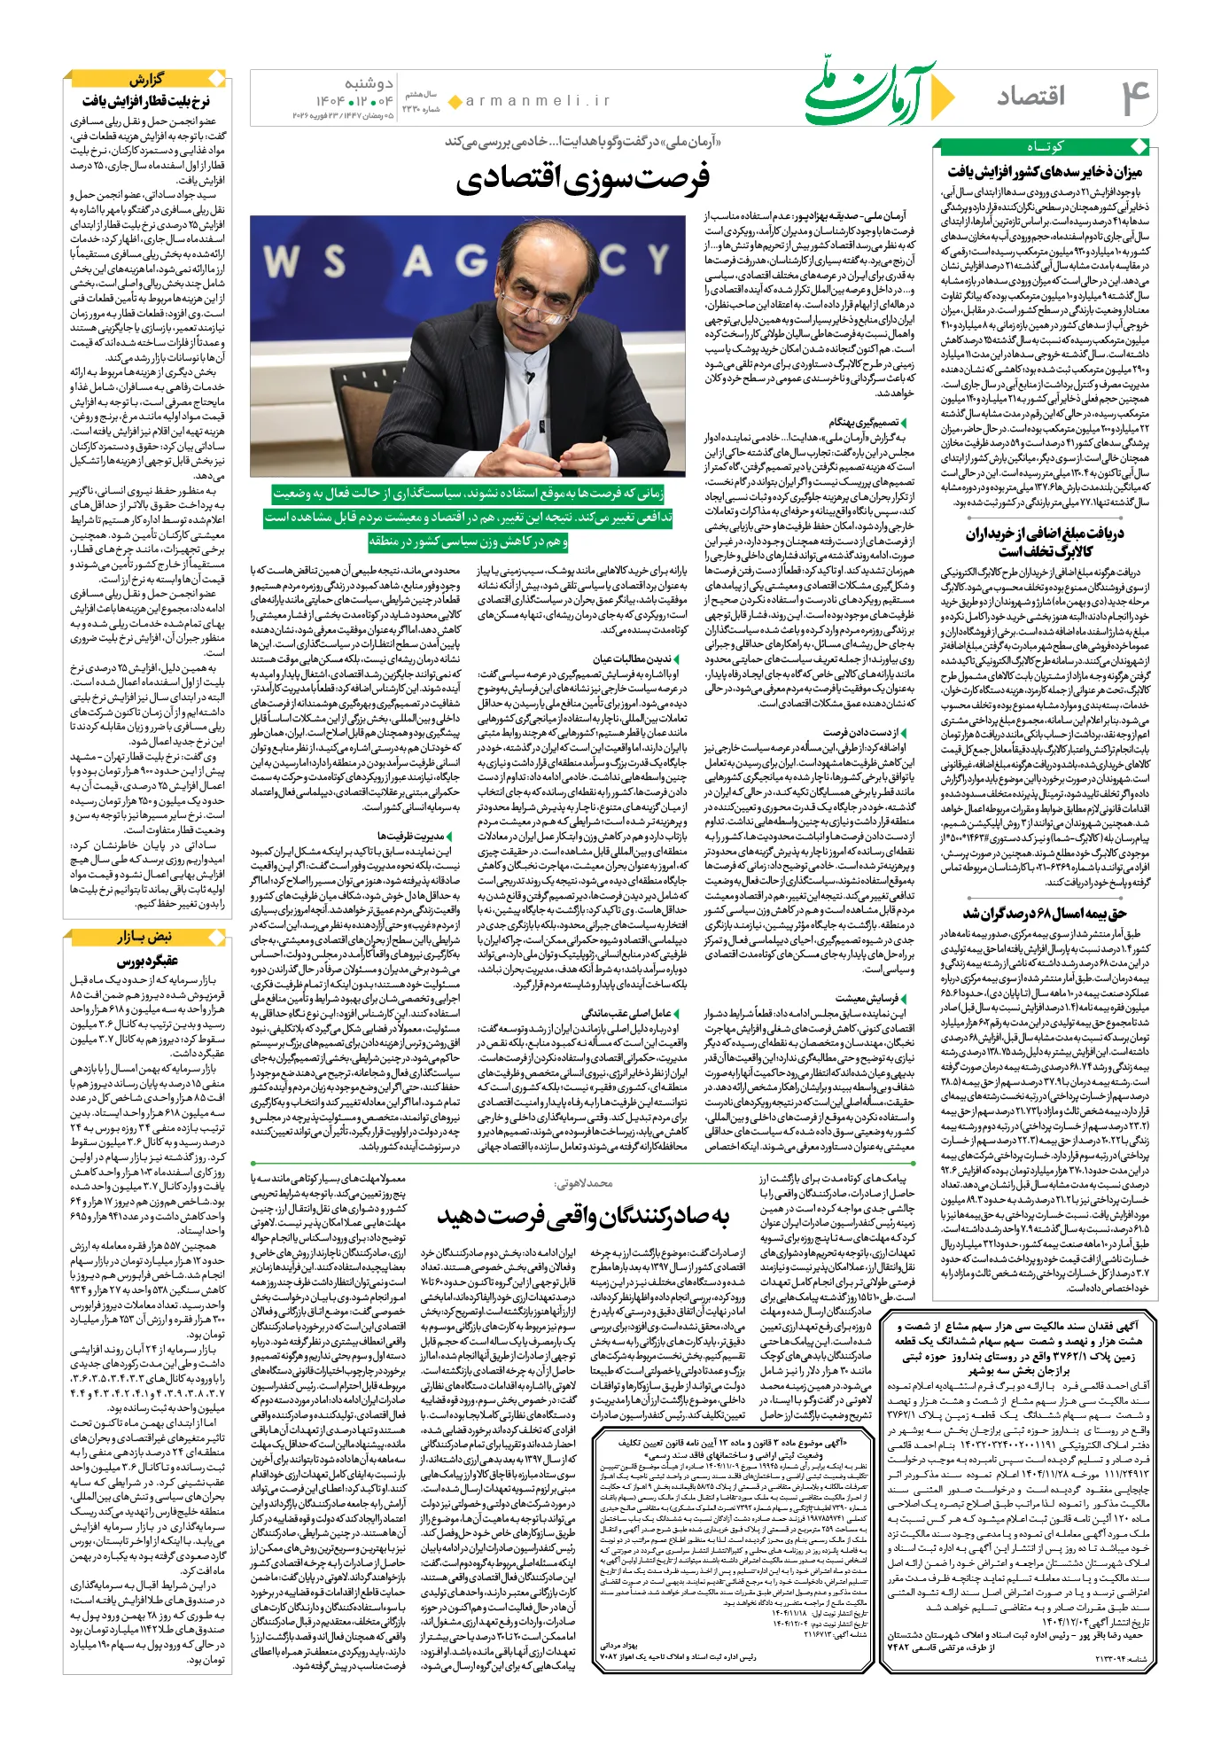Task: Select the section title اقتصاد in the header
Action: (x=1030, y=97)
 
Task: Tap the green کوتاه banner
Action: (x=1045, y=147)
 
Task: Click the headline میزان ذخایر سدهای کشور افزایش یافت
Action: (x=1045, y=171)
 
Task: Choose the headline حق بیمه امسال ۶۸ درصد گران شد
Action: (x=1045, y=914)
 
